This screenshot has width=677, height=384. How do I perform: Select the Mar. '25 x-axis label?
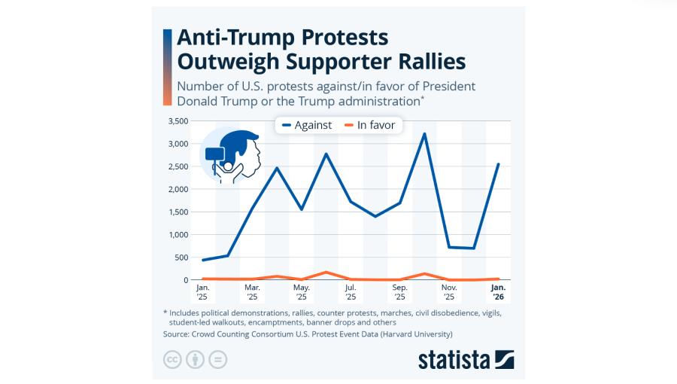tap(252, 291)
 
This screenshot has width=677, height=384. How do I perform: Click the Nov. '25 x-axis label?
tap(450, 291)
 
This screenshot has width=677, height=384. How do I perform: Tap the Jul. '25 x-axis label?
tap(351, 291)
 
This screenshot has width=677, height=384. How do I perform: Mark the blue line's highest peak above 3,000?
tap(425, 134)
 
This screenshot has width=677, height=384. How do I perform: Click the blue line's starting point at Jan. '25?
tap(203, 260)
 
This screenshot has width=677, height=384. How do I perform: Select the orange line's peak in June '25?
tap(326, 272)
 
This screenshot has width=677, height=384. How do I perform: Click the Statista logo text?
tap(454, 359)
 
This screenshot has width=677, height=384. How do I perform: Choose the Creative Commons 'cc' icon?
tap(173, 359)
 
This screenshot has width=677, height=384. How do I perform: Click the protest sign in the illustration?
tap(215, 154)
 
